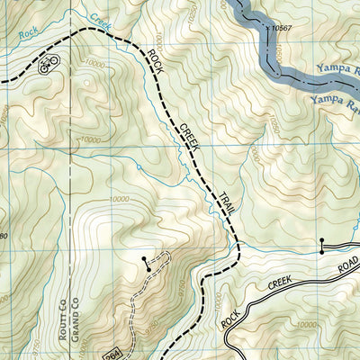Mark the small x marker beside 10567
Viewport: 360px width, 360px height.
[x=268, y=29]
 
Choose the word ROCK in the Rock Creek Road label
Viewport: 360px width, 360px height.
[x=237, y=310]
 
